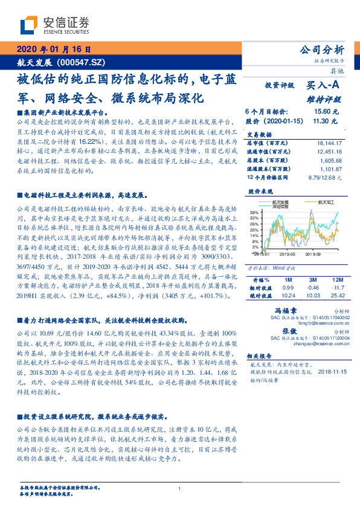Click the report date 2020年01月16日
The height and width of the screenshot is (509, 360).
pyautogui.click(x=53, y=49)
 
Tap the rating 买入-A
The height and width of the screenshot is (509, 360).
pyautogui.click(x=325, y=86)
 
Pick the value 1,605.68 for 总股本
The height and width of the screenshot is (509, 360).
pyautogui.click(x=331, y=160)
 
